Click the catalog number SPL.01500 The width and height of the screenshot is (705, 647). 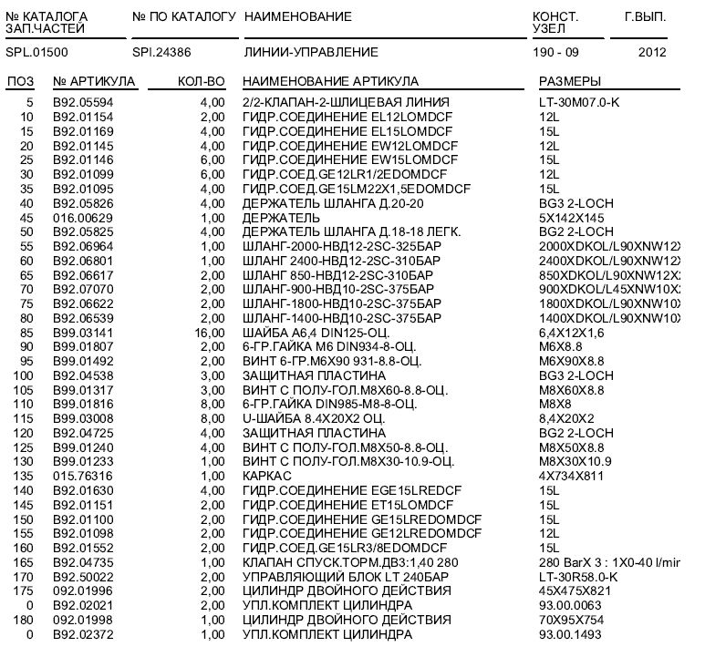36,53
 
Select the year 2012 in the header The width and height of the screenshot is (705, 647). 652,53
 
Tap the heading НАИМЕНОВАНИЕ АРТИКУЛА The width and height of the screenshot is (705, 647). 331,82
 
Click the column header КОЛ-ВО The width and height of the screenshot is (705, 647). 201,82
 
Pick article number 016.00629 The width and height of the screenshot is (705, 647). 83,218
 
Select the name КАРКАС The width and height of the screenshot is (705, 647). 267,475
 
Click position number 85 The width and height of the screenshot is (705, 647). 26,334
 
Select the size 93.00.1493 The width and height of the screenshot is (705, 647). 573,634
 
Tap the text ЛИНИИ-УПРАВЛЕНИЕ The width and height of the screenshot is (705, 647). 311,53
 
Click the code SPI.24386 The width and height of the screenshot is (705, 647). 161,53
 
